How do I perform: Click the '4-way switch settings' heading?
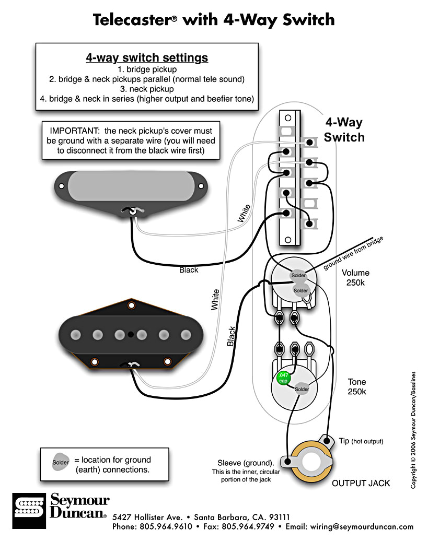pos(147,57)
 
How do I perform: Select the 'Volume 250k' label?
pos(355,278)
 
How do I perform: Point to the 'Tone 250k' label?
pos(357,387)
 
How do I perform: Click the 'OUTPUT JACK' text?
pos(361,483)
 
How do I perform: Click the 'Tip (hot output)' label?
pos(361,441)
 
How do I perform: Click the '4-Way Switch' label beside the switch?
pos(344,130)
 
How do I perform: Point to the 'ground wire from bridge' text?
pos(353,253)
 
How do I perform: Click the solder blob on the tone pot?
pos(302,389)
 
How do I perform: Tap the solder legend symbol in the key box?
pos(60,462)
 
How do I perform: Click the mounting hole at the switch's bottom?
pos(286,240)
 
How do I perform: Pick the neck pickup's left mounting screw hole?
pos(62,185)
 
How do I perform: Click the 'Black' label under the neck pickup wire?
pos(189,270)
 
